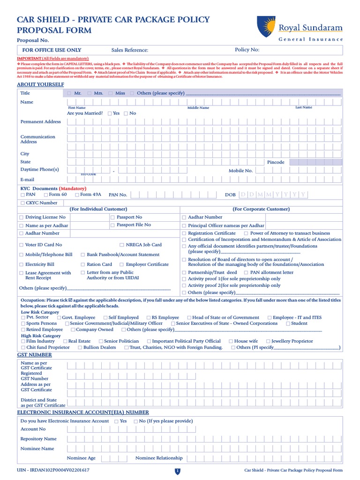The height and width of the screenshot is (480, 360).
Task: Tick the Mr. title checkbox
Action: tap(69, 93)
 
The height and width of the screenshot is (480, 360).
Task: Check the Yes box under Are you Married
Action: tap(110, 113)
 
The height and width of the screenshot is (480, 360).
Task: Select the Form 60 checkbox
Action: tap(45, 195)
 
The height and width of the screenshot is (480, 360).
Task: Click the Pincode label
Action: tap(276, 162)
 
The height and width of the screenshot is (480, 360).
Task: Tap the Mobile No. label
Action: tap(240, 171)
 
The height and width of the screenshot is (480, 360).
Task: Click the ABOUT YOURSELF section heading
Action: tap(40, 84)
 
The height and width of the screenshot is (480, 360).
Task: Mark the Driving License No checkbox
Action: tap(21, 217)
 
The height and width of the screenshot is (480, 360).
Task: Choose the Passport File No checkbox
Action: tap(112, 225)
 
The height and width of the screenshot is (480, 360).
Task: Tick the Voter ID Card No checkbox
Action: tap(21, 245)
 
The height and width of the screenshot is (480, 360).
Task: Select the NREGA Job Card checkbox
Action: tap(122, 245)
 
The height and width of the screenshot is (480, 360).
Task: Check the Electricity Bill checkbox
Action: tap(21, 265)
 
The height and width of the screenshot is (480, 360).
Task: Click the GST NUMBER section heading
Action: tap(34, 355)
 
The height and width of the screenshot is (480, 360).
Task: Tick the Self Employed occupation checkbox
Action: tap(105, 318)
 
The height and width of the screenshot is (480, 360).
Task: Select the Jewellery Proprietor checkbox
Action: tap(268, 341)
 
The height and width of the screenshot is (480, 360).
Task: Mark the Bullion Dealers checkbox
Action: tap(80, 347)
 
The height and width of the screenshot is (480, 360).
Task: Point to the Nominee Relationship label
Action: tap(159, 458)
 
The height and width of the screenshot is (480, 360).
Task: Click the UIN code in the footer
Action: tap(53, 470)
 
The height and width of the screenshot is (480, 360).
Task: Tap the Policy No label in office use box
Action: tap(247, 50)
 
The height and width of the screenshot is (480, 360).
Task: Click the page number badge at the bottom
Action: tap(178, 471)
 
